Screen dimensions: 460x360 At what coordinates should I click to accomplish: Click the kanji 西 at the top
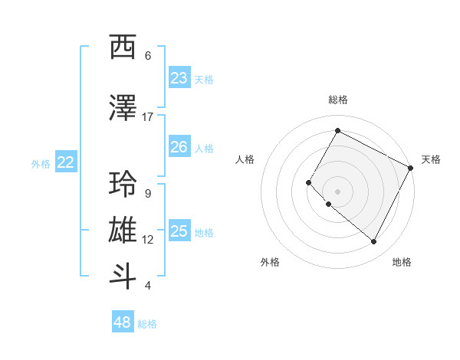pos(123,47)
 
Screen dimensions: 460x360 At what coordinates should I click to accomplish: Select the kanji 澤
pos(123,109)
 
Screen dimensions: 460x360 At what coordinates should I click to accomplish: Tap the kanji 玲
pos(123,185)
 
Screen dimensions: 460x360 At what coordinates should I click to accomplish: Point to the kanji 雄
pos(123,231)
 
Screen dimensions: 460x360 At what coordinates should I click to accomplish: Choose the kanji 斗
pos(123,277)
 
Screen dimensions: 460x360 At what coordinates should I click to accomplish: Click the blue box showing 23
pos(179,78)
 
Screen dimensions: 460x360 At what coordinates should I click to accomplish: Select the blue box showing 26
pos(179,147)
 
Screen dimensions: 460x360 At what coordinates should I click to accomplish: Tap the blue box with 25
pos(179,231)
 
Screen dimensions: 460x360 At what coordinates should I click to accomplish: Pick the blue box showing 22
pos(66,162)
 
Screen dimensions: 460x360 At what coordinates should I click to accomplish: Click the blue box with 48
pos(123,322)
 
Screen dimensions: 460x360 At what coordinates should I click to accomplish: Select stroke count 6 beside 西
pos(147,56)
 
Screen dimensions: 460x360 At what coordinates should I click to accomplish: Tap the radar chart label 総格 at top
pos(337,100)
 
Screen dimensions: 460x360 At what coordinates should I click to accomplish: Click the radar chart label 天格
pos(431,159)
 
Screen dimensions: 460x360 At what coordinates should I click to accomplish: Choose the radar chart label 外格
pos(270,262)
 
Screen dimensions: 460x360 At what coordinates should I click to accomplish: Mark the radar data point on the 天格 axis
pos(411,168)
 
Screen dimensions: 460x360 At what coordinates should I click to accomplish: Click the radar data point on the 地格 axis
pos(373,242)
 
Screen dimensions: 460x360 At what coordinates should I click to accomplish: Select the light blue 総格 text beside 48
pos(147,324)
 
